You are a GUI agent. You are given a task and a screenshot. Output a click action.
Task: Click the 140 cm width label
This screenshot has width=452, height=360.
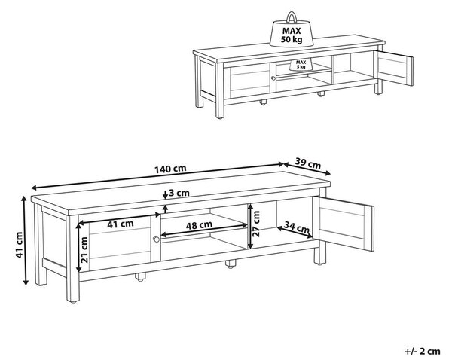pos(170,169)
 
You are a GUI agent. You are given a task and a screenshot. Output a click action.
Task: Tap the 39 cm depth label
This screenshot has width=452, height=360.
pos(307,163)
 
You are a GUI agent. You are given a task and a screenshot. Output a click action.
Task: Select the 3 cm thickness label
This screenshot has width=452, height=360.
pos(179,193)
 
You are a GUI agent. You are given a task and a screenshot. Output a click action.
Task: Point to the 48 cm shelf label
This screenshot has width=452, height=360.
pos(199,225)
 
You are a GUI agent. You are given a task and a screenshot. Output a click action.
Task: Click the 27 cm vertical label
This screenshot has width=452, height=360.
pos(256,224)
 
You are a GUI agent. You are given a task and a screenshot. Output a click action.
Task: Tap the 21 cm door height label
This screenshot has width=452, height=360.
pos(84,249)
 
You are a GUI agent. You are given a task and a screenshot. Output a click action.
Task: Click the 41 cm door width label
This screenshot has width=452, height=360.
pos(121,224)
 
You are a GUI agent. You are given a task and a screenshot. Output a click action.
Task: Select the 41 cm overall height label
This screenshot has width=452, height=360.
pos(19,245)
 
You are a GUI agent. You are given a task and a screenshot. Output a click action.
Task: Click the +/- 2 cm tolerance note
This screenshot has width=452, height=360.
pos(423,352)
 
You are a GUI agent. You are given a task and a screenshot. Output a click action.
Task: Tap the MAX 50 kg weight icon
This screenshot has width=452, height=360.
pos(292,29)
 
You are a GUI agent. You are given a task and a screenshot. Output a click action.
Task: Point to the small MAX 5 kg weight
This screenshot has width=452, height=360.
pos(301,65)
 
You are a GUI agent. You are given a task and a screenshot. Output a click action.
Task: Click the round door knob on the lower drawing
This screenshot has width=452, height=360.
pos(156,239)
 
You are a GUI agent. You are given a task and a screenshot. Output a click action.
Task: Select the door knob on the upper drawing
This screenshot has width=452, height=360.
pos(273,78)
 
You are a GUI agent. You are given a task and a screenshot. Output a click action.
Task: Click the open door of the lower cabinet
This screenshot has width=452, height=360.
pos(344,224)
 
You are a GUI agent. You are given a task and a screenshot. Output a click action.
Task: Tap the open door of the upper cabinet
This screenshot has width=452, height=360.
pos(393,68)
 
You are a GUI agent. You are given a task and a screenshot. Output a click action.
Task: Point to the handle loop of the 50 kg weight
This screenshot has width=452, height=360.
pos(292,17)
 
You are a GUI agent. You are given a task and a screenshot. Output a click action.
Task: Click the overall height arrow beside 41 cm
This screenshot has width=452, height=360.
pos(26,241)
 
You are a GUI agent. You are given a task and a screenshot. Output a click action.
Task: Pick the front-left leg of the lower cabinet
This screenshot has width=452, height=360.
pos(72,259)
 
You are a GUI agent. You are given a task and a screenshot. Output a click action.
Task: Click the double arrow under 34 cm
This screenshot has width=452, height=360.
pos(295,233)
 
